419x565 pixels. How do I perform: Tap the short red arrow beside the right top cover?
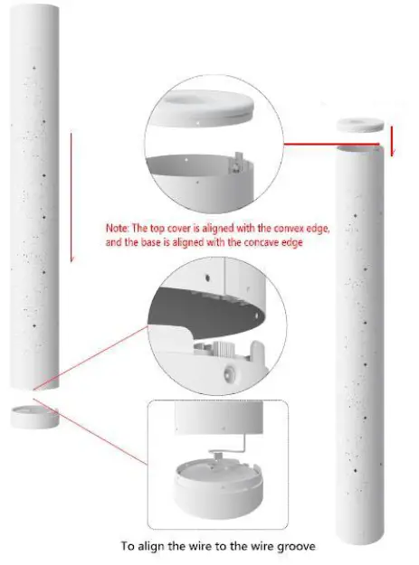(392, 140)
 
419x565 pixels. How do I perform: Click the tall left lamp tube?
(37, 199)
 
